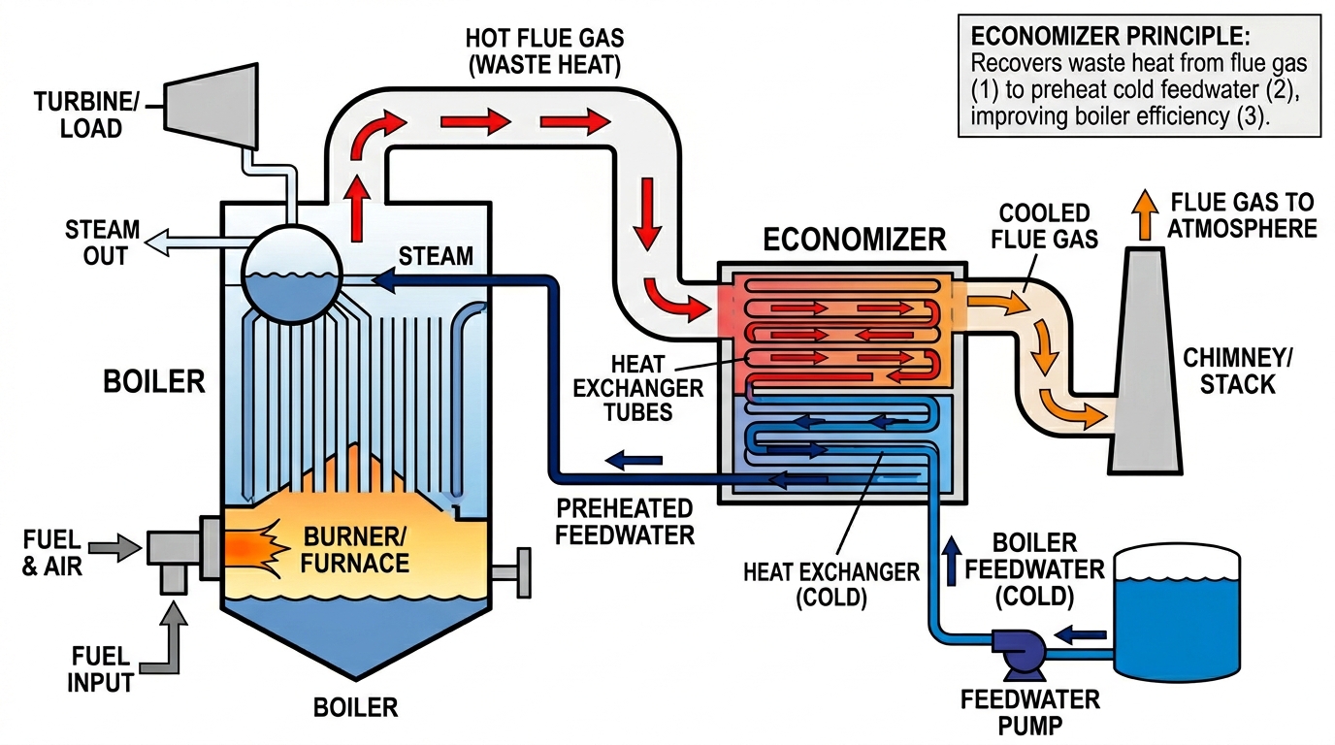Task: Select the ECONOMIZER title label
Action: pos(840,239)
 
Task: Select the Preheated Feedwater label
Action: pos(624,521)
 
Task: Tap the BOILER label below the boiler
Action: pos(355,707)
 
